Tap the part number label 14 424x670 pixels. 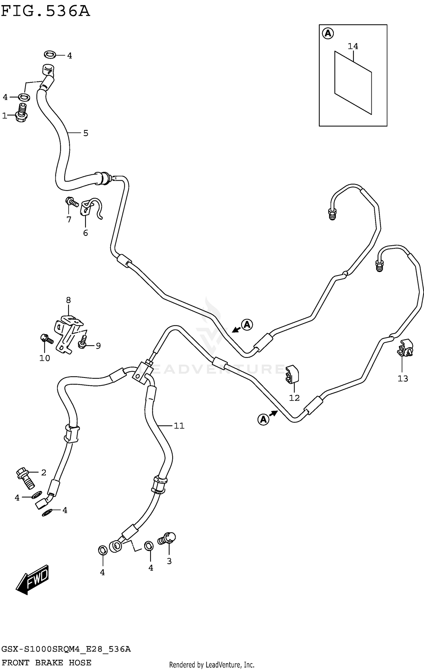point(353,46)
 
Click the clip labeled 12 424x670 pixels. point(292,375)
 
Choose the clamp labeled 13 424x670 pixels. point(406,348)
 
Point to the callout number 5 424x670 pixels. point(86,133)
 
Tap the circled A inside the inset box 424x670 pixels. point(328,34)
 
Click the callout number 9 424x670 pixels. point(98,346)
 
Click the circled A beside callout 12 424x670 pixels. point(263,419)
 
